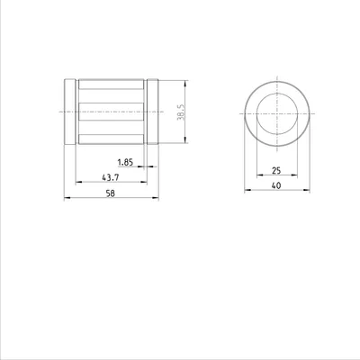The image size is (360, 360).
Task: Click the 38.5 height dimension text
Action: click(x=181, y=112)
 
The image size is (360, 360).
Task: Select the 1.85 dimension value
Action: click(x=125, y=162)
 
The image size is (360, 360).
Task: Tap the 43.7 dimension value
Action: click(x=111, y=177)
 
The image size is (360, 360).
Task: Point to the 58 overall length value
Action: click(x=111, y=193)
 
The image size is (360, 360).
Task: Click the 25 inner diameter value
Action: click(x=276, y=171)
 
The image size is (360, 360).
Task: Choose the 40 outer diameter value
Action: click(x=276, y=185)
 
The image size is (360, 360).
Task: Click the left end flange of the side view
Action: click(x=70, y=112)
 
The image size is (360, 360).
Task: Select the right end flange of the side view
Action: click(x=153, y=112)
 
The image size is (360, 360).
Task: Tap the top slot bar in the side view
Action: click(x=112, y=85)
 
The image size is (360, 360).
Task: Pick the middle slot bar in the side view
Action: click(x=112, y=112)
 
